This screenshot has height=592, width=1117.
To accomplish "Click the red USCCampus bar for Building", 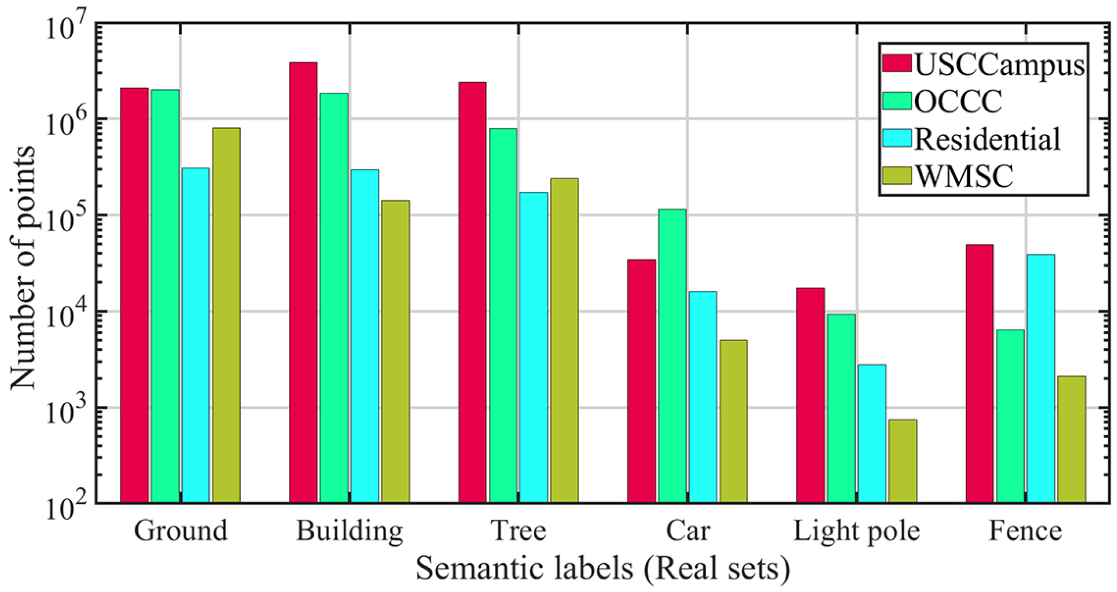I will (x=303, y=282).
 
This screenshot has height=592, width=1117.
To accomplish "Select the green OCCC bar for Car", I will (x=672, y=356).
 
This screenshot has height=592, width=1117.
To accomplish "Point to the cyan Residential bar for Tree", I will (x=533, y=347).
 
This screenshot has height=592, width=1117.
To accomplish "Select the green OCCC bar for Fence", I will (x=1010, y=416).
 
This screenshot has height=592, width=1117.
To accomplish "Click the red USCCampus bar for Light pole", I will (x=810, y=395).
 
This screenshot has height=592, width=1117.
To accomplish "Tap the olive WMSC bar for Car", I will (x=733, y=421).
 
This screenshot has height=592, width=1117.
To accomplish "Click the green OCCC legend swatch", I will (x=896, y=100).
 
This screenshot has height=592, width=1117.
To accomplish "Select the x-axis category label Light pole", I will (x=856, y=531).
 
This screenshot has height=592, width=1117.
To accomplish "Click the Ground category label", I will (x=181, y=531).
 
